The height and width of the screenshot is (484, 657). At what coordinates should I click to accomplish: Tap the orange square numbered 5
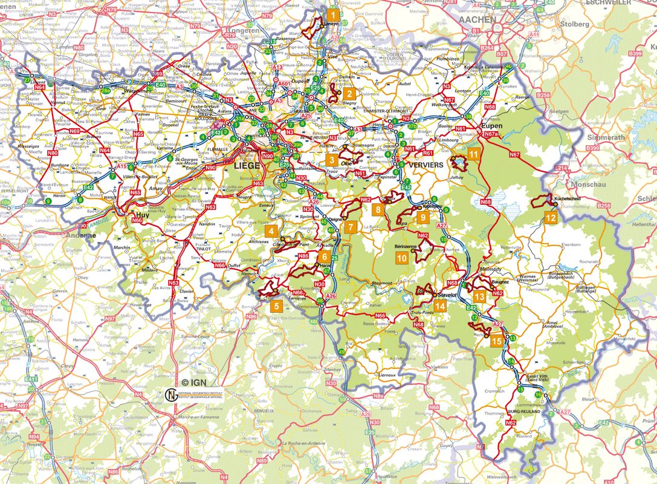click(x=276, y=306)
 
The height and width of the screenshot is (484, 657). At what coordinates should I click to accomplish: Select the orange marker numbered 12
click(x=550, y=217)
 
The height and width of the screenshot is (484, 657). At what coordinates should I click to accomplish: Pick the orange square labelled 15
click(x=496, y=341)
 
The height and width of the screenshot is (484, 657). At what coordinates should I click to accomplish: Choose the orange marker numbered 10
click(x=401, y=258)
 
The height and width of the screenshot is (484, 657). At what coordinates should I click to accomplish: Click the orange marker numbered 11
click(x=474, y=154)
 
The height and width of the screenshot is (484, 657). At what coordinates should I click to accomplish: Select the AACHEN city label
click(x=477, y=19)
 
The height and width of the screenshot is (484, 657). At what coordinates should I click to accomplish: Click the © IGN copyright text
click(x=193, y=382)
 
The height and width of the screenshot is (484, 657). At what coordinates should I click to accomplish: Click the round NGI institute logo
click(x=170, y=395)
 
